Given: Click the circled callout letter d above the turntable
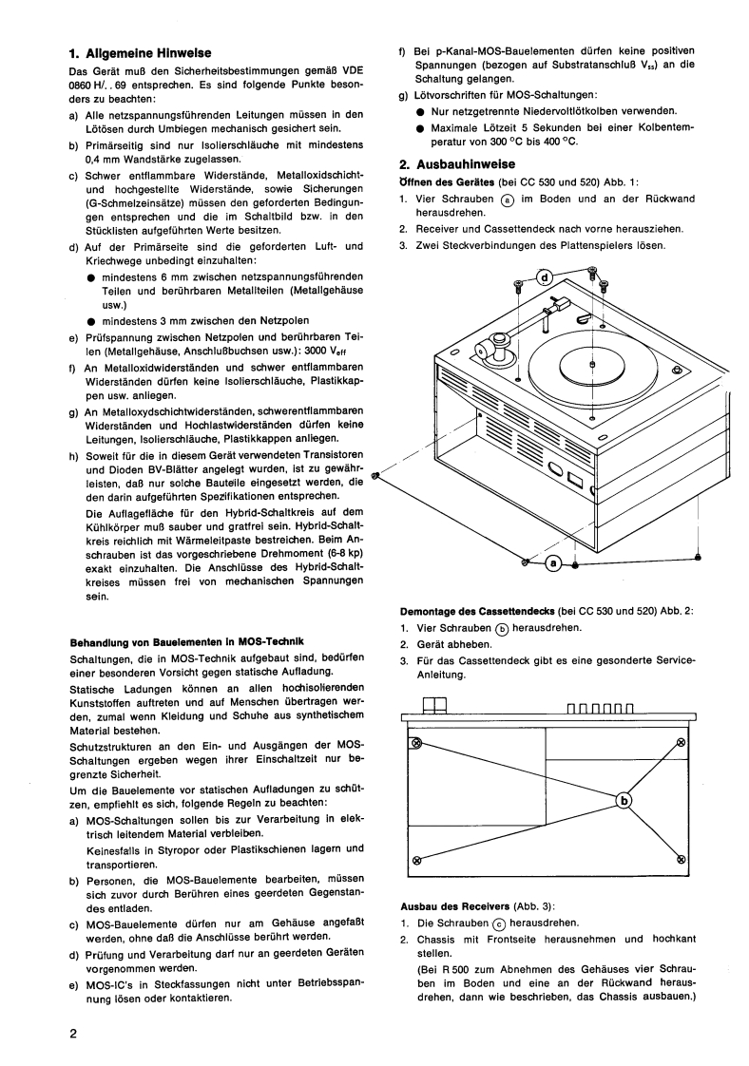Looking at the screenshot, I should (545, 277).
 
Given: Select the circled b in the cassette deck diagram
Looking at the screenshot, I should (624, 801).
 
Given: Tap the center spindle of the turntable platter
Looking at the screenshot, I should (592, 364).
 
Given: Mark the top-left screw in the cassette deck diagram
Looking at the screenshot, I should (414, 743).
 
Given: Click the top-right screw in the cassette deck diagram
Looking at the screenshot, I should (681, 743).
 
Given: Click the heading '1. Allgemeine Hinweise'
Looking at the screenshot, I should (141, 53).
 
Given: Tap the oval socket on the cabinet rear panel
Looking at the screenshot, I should (556, 468).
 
